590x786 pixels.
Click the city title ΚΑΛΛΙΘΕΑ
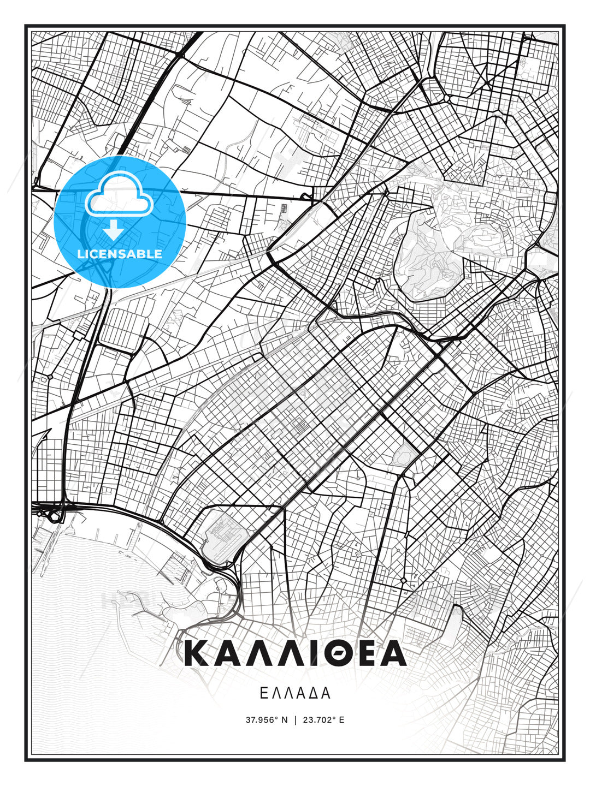click(295, 653)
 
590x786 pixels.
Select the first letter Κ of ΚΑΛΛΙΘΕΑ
click(197, 653)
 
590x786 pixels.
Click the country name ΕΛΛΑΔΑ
click(295, 693)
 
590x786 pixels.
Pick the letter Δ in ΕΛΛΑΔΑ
click(313, 693)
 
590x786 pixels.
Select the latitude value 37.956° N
click(266, 720)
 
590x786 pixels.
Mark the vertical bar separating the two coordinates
click(295, 720)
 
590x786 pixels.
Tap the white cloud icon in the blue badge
click(119, 195)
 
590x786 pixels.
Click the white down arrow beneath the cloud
click(113, 230)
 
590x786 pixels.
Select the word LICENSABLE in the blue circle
click(120, 254)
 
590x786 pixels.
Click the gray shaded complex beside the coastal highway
click(221, 538)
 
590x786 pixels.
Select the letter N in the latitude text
click(284, 720)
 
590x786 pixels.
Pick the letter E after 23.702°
click(342, 720)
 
